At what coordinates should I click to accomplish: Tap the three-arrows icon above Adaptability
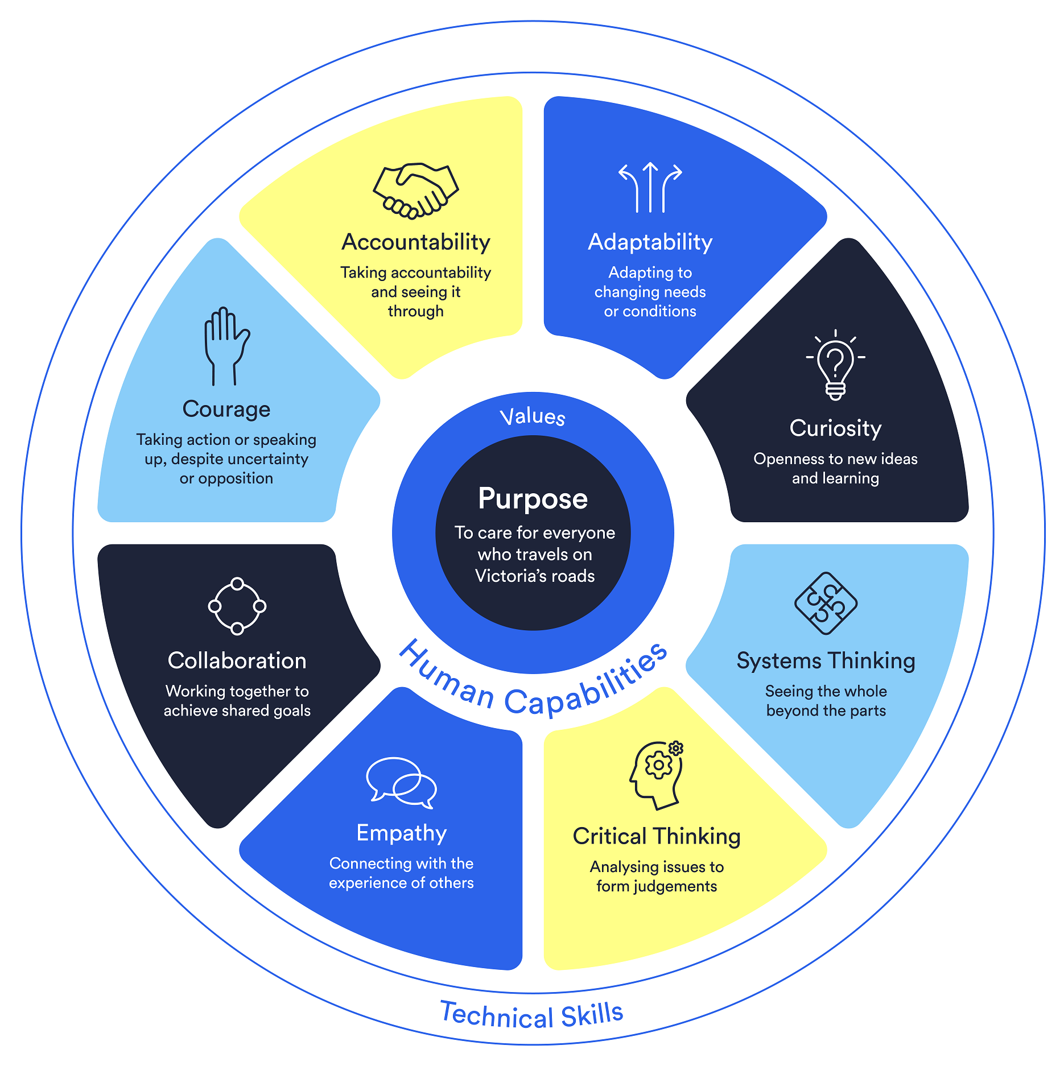[650, 188]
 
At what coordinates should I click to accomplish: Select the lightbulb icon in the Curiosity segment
[835, 365]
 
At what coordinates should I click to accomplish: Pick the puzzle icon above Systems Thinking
[826, 603]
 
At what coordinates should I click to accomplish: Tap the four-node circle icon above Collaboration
[237, 606]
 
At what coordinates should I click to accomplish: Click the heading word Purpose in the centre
[533, 499]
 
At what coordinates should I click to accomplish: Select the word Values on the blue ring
[533, 417]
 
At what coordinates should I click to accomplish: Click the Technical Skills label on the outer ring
[532, 1015]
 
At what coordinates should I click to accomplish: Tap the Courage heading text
[226, 410]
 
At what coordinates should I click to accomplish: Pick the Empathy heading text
[401, 833]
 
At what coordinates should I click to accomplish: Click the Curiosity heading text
[835, 428]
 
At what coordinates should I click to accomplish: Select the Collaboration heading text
[237, 661]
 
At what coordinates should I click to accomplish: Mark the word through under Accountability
[415, 311]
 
